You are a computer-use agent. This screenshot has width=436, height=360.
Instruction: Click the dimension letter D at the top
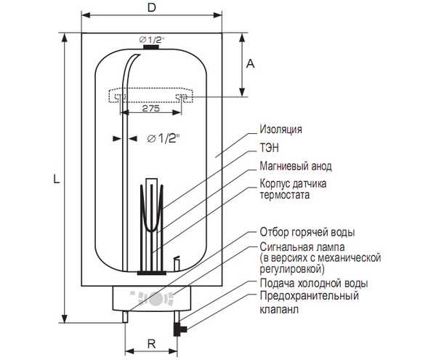tap(152, 7)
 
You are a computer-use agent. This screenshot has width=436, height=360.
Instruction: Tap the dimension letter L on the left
tap(57, 178)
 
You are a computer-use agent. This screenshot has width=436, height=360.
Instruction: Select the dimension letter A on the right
tap(251, 64)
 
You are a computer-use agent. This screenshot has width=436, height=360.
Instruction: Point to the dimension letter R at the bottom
tap(152, 344)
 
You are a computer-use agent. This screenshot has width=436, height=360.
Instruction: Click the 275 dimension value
tap(151, 108)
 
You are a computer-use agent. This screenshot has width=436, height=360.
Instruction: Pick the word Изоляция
tap(280, 129)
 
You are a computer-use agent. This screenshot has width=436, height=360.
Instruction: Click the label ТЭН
tap(269, 148)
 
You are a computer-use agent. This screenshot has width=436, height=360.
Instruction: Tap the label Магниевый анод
tap(296, 166)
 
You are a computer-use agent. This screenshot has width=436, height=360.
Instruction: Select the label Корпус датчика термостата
tap(293, 189)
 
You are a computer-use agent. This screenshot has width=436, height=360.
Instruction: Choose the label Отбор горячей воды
tap(307, 232)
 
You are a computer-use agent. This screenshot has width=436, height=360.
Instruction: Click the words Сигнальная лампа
tap(302, 247)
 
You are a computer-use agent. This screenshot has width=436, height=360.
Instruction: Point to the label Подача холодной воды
tap(314, 284)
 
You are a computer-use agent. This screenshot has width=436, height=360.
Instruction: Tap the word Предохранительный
tap(310, 296)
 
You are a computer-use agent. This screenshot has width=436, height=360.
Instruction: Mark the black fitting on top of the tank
tap(151, 47)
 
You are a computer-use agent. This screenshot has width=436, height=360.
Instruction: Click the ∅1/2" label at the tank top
tap(152, 39)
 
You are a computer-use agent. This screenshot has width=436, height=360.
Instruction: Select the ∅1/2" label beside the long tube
tap(163, 138)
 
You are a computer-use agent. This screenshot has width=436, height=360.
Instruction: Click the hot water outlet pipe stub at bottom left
tap(126, 316)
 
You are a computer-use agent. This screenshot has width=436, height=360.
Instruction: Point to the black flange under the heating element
tap(152, 273)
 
